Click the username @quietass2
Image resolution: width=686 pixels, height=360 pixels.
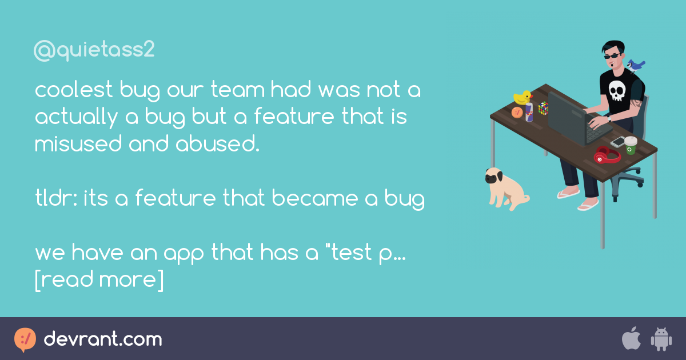[x=94, y=51]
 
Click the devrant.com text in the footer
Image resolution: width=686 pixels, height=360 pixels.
[x=103, y=339]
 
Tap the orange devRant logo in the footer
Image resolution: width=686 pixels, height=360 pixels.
[x=25, y=339]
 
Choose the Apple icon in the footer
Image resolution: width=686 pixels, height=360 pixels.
[x=631, y=339]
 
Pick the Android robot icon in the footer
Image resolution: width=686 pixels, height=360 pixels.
[x=661, y=339]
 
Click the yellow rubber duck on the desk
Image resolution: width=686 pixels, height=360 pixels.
[x=522, y=97]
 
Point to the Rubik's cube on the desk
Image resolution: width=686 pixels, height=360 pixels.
[x=543, y=108]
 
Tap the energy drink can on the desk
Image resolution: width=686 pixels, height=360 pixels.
[x=529, y=112]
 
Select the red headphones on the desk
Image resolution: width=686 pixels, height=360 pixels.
[x=606, y=155]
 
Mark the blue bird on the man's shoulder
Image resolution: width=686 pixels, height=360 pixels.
[x=635, y=65]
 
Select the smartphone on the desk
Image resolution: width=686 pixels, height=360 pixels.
[x=617, y=142]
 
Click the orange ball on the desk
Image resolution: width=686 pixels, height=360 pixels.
[x=517, y=113]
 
